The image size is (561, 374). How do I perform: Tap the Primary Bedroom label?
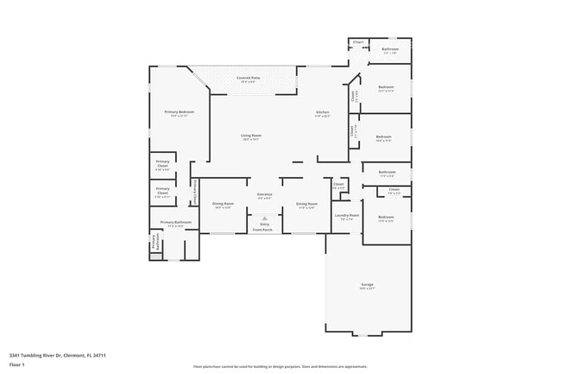[x=180, y=112]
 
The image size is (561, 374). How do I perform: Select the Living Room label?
[x=251, y=136]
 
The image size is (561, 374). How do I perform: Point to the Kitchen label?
[x=323, y=112]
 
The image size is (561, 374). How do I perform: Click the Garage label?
[x=367, y=284]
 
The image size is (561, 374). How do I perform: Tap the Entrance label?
[x=264, y=194]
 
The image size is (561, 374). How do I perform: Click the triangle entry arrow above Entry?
[x=264, y=218]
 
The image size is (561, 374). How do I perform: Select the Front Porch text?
[x=264, y=230]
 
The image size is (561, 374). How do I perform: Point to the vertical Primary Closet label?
[x=195, y=191]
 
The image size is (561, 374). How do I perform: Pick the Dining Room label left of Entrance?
[x=223, y=204]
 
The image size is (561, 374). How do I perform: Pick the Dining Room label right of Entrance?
[x=306, y=204]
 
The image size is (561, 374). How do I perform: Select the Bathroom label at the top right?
[x=390, y=49]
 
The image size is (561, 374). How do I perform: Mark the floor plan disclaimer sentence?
[x=280, y=366]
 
